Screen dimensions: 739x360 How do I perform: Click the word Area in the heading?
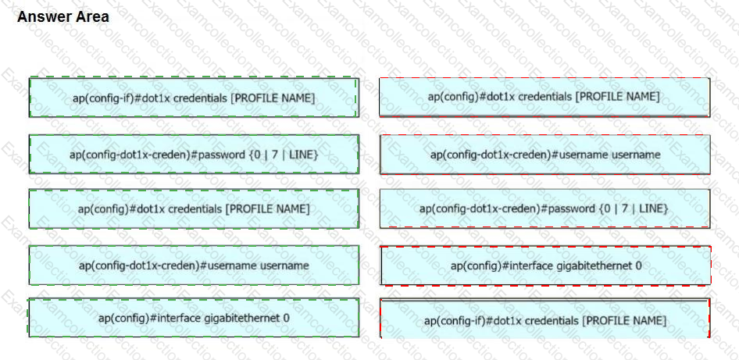pyautogui.click(x=93, y=17)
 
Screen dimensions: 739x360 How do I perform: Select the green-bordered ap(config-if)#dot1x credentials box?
pyautogui.click(x=194, y=97)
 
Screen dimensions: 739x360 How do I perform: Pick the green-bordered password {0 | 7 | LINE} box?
pyautogui.click(x=194, y=154)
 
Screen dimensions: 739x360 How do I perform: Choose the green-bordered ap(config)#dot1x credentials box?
pyautogui.click(x=194, y=209)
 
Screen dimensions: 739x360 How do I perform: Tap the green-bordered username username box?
pyautogui.click(x=194, y=266)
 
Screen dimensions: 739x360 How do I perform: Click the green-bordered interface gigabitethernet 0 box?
pyautogui.click(x=194, y=318)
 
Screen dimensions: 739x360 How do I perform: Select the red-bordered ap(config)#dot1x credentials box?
pyautogui.click(x=544, y=97)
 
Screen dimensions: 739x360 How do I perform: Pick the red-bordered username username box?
pyautogui.click(x=544, y=155)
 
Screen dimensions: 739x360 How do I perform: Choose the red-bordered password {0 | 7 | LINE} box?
pyautogui.click(x=544, y=209)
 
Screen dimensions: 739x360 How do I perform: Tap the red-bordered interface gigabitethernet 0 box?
pyautogui.click(x=545, y=266)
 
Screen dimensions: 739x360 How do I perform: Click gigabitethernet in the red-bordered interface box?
pyautogui.click(x=593, y=266)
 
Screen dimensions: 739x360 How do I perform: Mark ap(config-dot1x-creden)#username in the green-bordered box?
pyautogui.click(x=167, y=266)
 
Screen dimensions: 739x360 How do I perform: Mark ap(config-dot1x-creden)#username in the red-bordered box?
pyautogui.click(x=519, y=155)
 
